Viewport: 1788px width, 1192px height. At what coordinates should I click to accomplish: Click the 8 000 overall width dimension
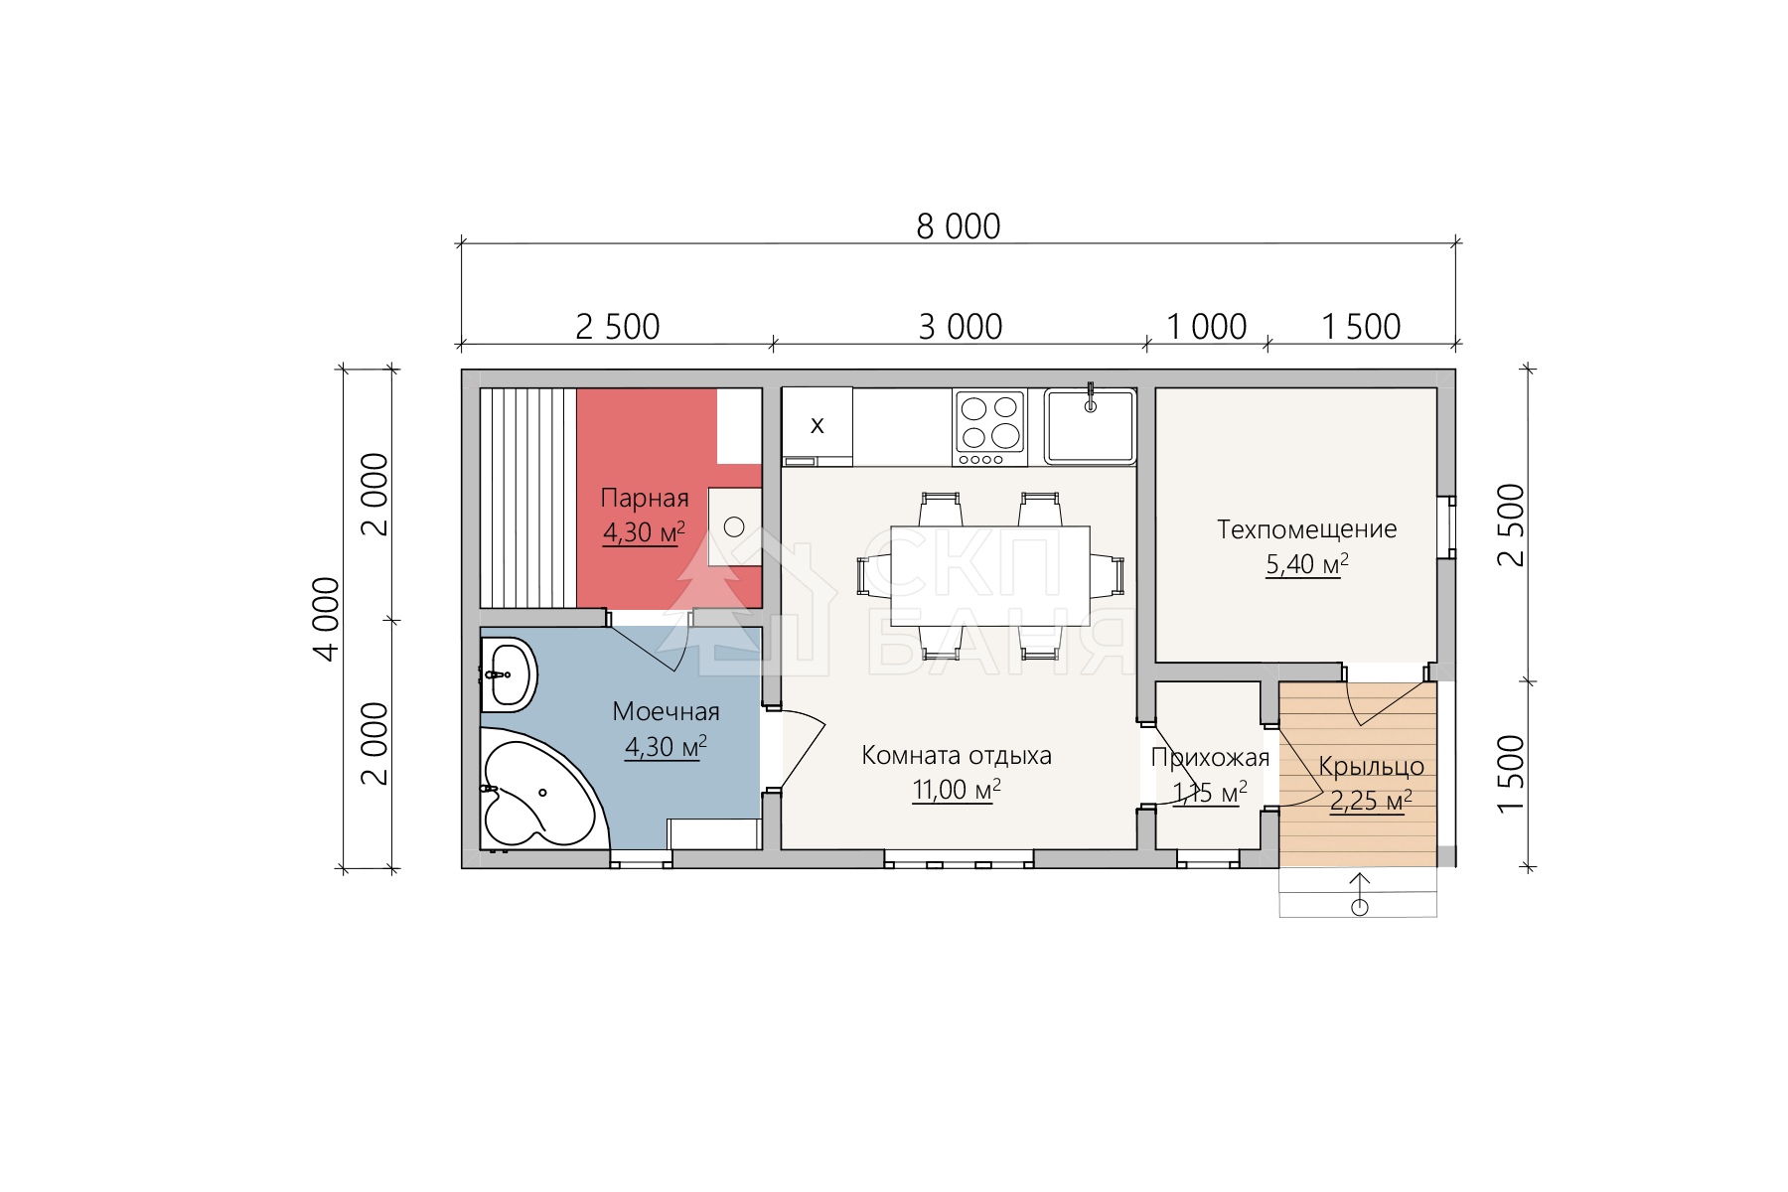(959, 226)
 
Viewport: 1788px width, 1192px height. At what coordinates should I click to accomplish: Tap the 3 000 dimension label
(961, 327)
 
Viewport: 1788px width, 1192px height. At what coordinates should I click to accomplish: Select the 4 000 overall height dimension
(326, 618)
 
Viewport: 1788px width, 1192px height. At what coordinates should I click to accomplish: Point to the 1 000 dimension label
(1207, 327)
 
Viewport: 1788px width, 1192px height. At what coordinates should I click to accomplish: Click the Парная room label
(645, 499)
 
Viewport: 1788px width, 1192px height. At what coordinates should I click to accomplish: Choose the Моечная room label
(666, 711)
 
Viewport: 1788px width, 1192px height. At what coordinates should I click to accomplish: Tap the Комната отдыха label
(957, 756)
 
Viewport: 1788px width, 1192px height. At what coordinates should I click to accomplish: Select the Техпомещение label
(1307, 529)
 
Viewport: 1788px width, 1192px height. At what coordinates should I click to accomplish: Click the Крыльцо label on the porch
(1371, 767)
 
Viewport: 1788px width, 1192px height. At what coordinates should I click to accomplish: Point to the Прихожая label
(1210, 758)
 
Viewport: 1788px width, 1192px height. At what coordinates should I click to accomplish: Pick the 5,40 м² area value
(1307, 564)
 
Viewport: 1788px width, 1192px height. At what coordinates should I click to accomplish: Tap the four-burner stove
(990, 427)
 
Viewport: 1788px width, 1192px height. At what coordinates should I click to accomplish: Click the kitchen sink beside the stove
(1091, 425)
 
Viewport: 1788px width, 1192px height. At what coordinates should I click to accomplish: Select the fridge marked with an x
(818, 426)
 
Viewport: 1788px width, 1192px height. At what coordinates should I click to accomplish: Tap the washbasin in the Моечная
(508, 674)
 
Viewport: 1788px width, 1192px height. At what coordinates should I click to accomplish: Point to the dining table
(990, 576)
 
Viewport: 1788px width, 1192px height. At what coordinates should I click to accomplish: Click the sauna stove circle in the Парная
(734, 526)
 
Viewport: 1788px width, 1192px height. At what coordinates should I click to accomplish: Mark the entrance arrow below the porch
(1360, 894)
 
